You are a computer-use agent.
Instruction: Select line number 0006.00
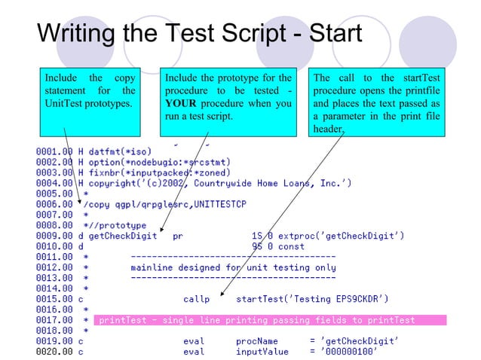(54, 203)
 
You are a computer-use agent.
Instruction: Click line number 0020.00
(54, 351)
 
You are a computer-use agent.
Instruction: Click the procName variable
(257, 340)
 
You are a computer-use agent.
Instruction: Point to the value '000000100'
(351, 351)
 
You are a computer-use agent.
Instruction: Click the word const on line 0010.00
(291, 246)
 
